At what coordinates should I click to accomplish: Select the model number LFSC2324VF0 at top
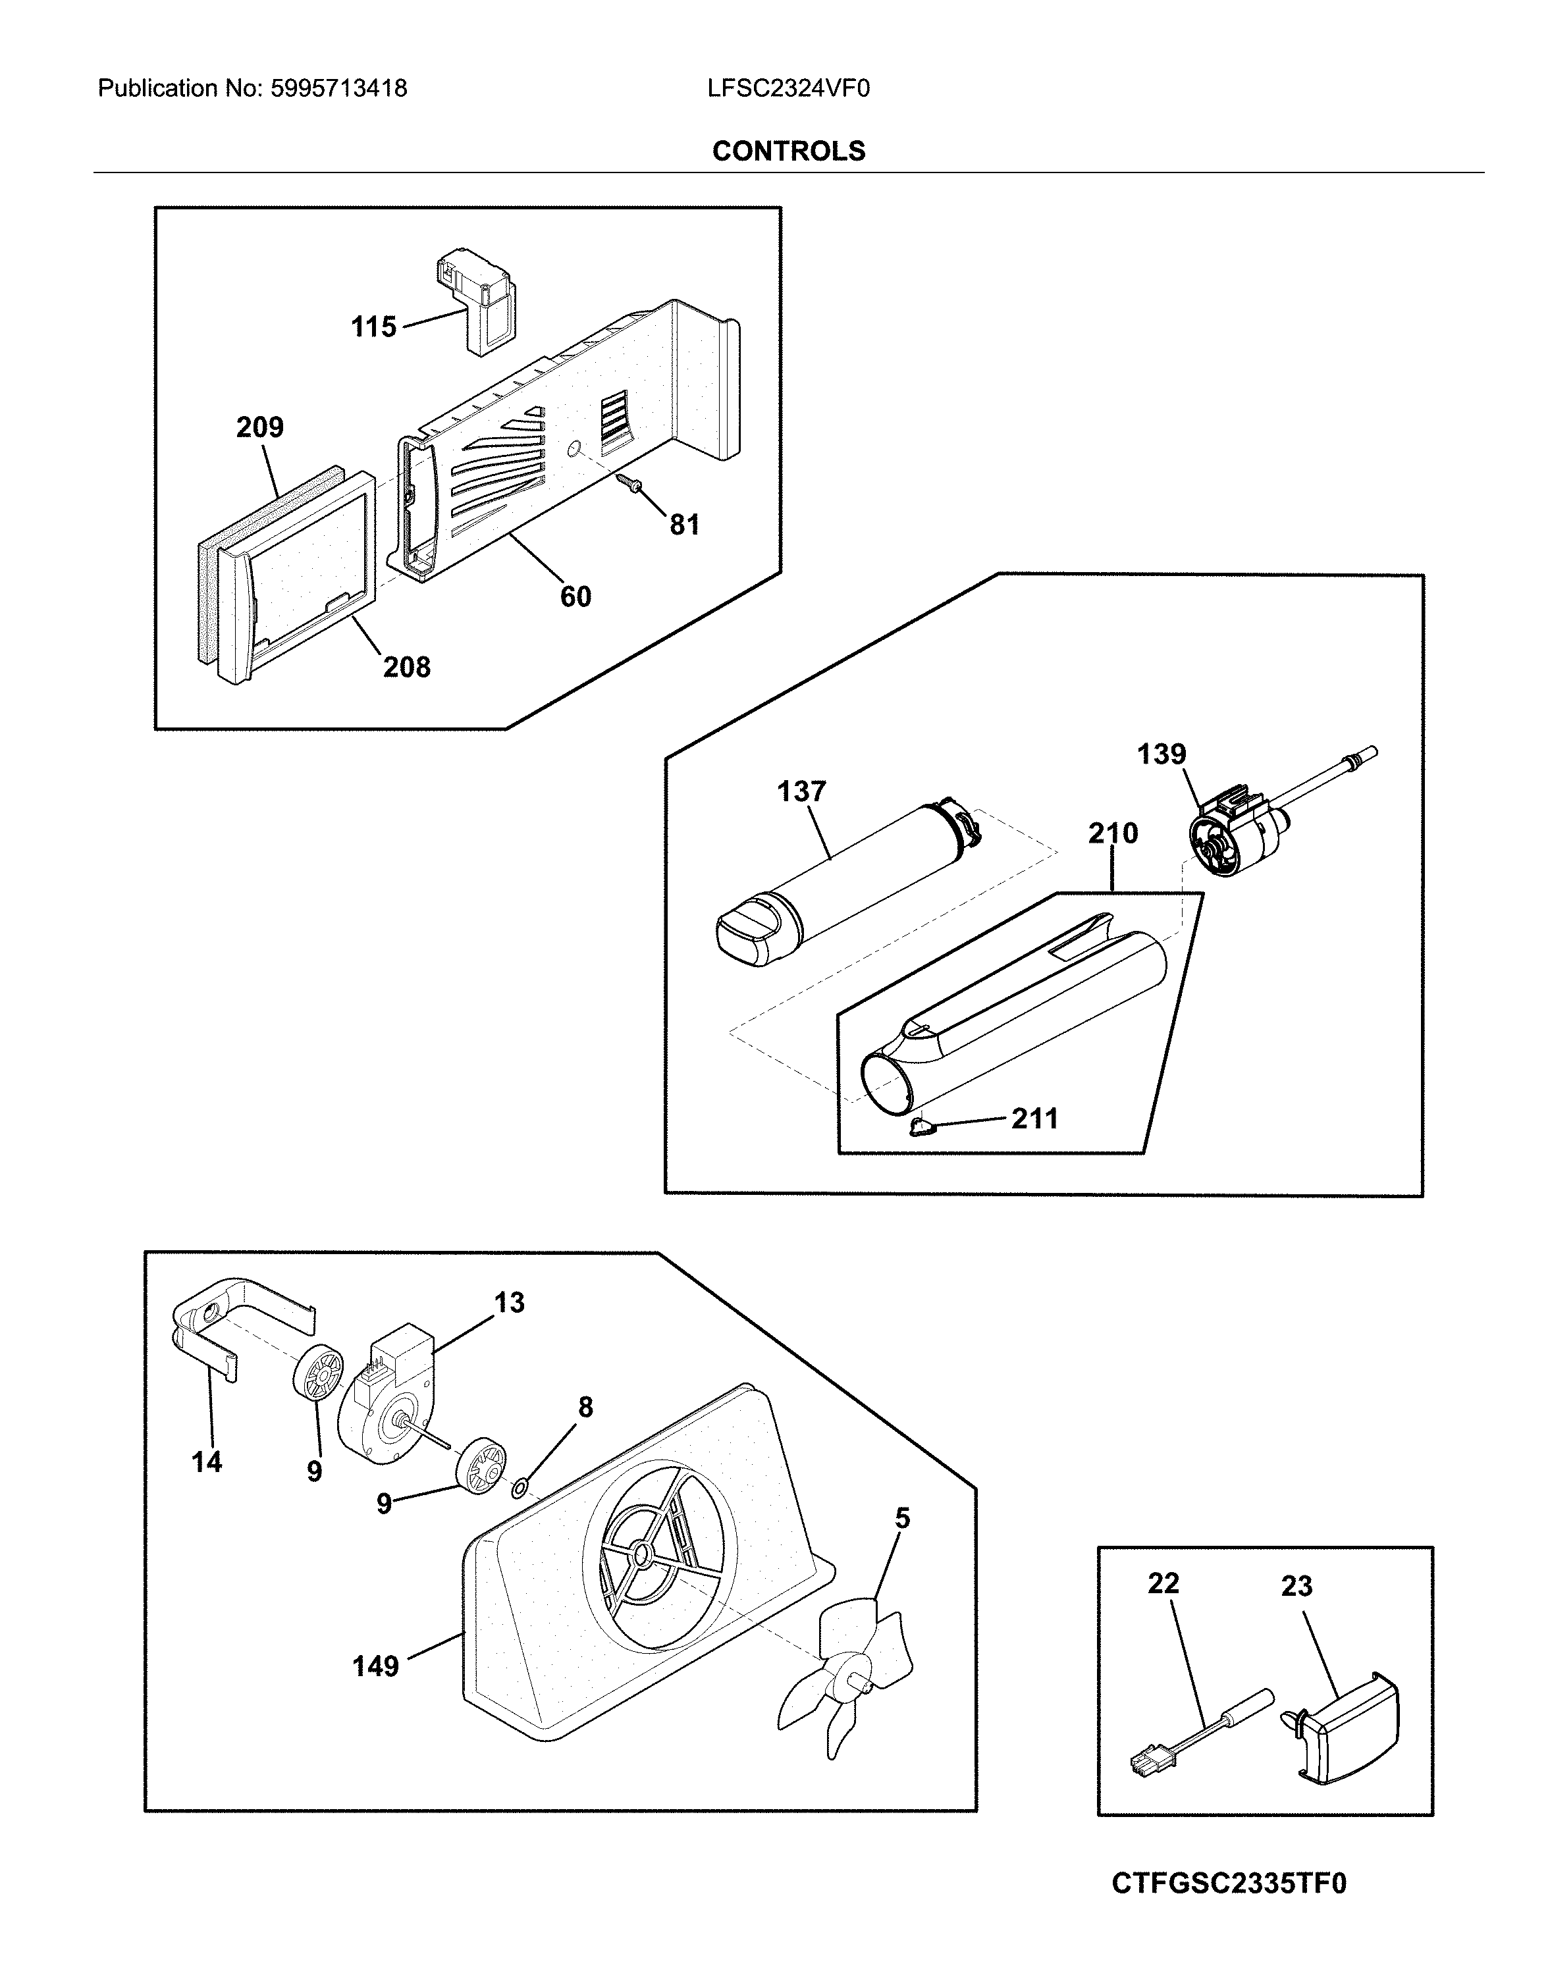click(x=789, y=88)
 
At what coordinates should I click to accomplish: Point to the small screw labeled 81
click(x=626, y=485)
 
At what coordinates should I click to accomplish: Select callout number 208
click(x=406, y=667)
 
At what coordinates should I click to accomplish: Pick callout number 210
click(x=1113, y=833)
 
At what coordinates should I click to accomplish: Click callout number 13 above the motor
click(x=509, y=1302)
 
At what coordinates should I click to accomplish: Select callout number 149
click(x=375, y=1666)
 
